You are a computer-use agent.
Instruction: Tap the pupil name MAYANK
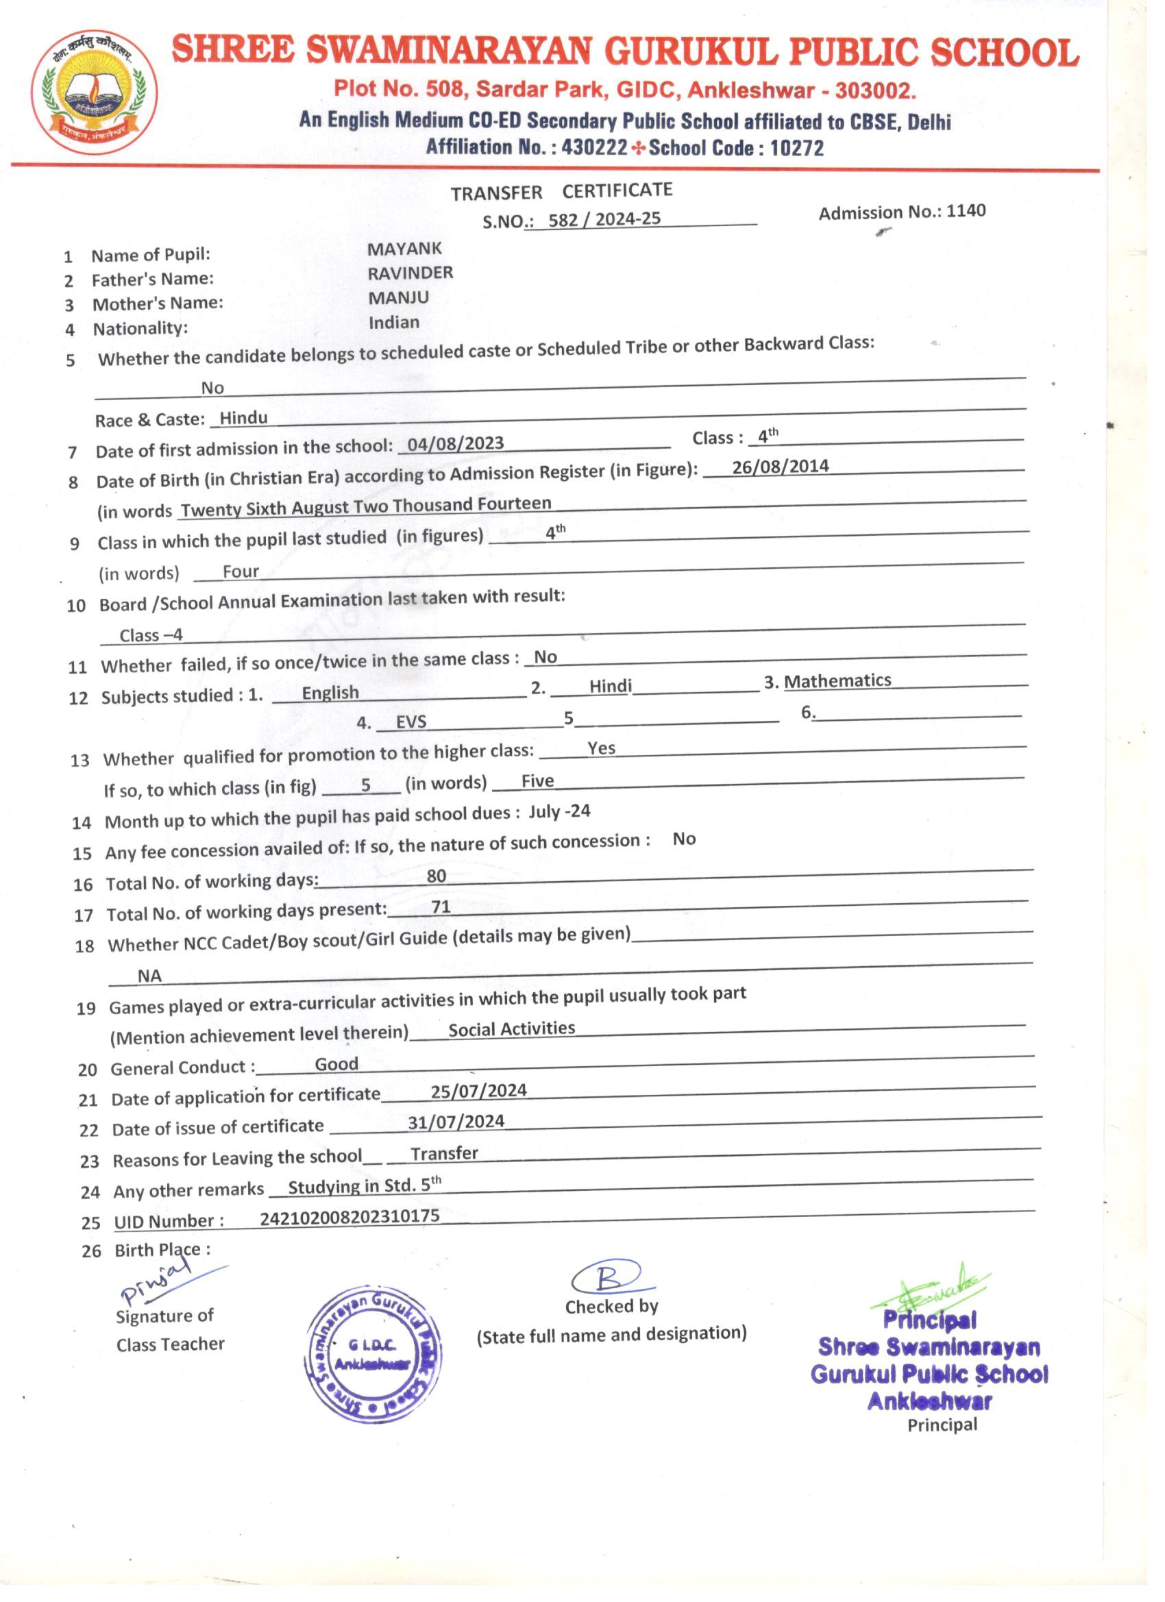coord(404,249)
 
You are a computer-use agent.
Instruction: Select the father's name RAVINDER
coord(410,273)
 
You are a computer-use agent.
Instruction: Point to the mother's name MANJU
coord(397,297)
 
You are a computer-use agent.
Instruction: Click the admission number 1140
coord(966,210)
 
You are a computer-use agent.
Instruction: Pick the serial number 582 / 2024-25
coord(604,219)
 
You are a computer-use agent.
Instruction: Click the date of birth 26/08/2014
coord(780,467)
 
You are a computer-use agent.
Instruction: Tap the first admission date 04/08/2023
coord(456,443)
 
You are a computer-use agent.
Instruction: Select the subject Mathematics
coord(837,681)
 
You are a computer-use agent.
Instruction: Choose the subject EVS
coord(411,722)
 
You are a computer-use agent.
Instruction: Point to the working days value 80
coord(437,876)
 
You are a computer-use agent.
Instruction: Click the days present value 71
coord(441,907)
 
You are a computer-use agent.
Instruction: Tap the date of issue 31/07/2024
coord(456,1122)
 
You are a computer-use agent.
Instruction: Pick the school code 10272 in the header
coord(796,148)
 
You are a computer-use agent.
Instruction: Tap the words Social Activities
coord(511,1029)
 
